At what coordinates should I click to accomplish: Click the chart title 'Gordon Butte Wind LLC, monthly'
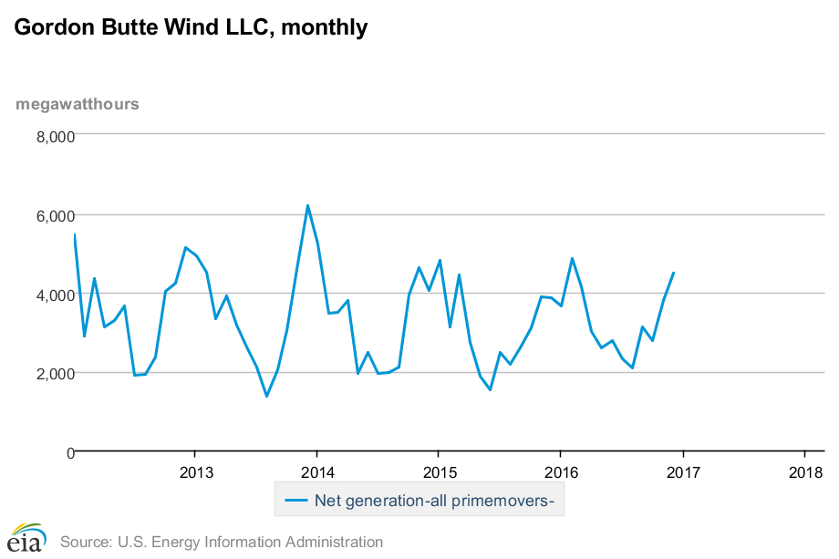[x=191, y=28]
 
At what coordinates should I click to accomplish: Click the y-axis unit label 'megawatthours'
[x=78, y=104]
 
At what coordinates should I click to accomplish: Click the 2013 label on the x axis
[x=196, y=472]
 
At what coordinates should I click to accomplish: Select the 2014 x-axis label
[x=317, y=472]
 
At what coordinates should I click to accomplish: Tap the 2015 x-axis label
[x=440, y=472]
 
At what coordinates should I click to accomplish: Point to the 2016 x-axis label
[x=561, y=472]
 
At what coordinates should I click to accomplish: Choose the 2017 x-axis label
[x=683, y=472]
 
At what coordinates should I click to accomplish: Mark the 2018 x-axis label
[x=805, y=472]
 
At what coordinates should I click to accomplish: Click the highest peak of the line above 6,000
[x=307, y=205]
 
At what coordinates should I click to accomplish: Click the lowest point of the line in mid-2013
[x=266, y=396]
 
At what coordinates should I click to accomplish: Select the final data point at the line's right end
[x=673, y=273]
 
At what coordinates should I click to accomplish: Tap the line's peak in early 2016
[x=572, y=258]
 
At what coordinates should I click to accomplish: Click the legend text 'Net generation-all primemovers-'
[x=435, y=500]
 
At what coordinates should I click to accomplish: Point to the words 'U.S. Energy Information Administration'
[x=250, y=542]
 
